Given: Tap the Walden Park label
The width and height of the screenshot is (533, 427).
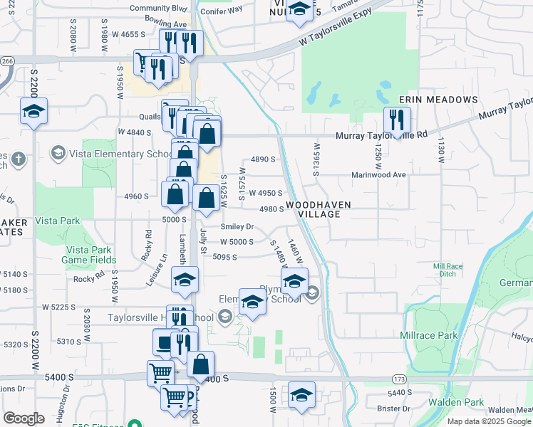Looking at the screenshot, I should [462, 402].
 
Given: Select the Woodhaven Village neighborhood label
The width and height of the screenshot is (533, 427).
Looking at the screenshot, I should [317, 209].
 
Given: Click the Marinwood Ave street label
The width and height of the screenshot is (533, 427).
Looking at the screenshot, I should [378, 174].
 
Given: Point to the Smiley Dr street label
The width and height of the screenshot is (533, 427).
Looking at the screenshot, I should [237, 226].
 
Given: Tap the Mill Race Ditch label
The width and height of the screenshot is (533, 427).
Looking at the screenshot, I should [448, 271].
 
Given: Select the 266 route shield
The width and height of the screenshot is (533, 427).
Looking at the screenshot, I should [7, 62].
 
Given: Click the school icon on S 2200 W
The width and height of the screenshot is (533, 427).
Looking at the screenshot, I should [33, 111].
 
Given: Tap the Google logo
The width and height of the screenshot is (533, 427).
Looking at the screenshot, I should [24, 418].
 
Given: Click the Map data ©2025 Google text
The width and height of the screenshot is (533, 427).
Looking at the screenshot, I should [489, 421].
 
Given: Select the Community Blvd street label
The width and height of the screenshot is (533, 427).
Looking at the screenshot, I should [157, 9].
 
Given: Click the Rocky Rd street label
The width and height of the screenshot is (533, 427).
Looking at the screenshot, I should [88, 278].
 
